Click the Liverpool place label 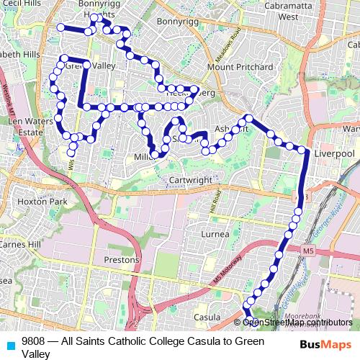[x=335, y=154]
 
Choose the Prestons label [x=121, y=259]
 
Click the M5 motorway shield [x=309, y=251]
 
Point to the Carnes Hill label [x=20, y=244]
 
